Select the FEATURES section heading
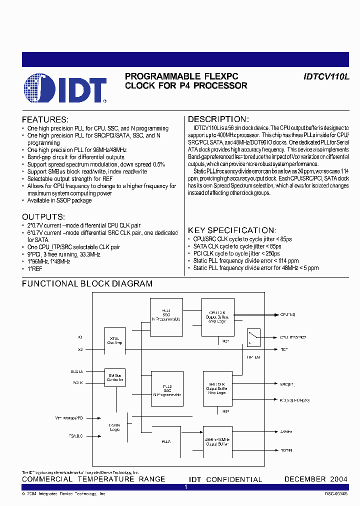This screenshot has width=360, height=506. (45, 120)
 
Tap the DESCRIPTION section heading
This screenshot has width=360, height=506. (218, 119)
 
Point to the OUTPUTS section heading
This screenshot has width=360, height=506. (43, 217)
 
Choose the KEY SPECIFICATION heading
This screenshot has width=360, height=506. (231, 230)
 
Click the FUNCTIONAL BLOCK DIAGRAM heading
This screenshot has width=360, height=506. (87, 283)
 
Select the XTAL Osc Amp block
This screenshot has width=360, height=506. (114, 341)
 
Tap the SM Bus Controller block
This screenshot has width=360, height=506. (114, 377)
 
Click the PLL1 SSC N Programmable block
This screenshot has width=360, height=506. (166, 314)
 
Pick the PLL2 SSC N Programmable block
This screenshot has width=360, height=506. (166, 388)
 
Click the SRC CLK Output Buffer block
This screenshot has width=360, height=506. (217, 388)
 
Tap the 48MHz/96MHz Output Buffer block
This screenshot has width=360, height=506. (217, 439)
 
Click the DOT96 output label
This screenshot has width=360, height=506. (286, 450)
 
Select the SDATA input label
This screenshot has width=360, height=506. (76, 371)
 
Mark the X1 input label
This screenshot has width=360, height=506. (80, 337)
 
